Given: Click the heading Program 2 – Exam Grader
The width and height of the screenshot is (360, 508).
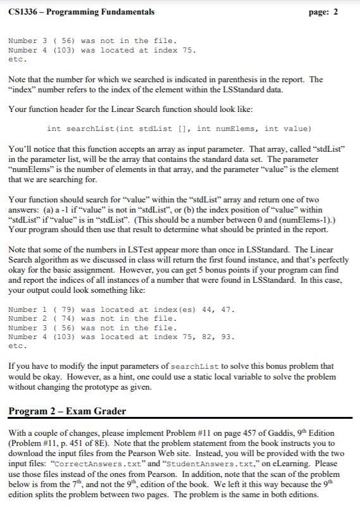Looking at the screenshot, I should point(67,411).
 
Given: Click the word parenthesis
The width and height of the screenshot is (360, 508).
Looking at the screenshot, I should point(237,80).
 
